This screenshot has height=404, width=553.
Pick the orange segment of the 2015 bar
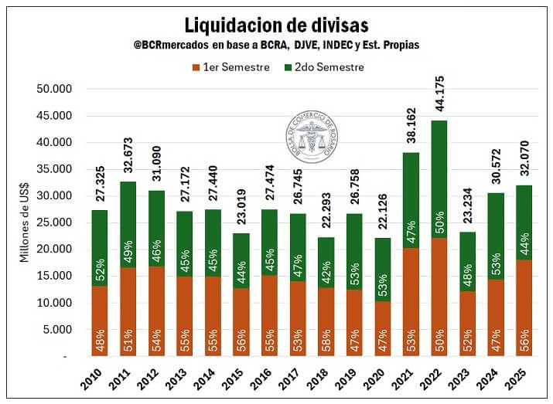[x=240, y=321]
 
